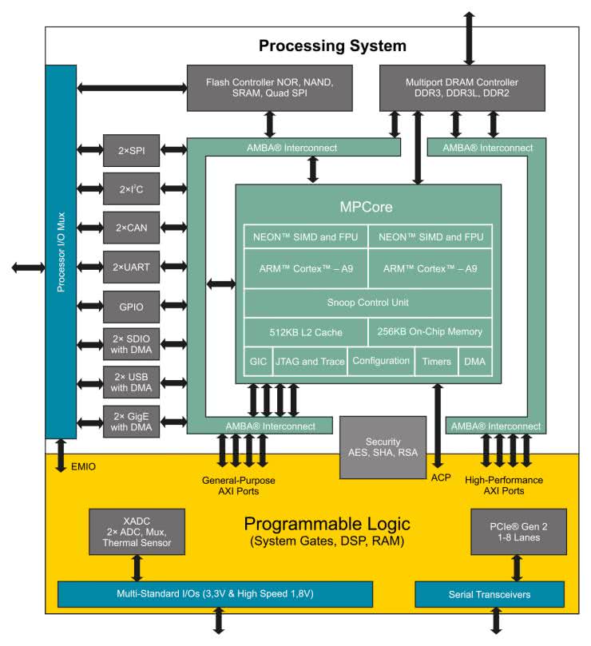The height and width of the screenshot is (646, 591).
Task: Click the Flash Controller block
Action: pyautogui.click(x=268, y=88)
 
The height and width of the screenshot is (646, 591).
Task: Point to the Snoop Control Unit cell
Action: pyautogui.click(x=367, y=302)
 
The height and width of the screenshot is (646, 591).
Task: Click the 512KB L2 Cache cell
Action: pyautogui.click(x=305, y=331)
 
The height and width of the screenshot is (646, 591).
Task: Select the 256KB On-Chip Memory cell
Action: pyautogui.click(x=429, y=331)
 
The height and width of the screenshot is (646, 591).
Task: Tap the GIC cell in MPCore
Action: pyautogui.click(x=257, y=361)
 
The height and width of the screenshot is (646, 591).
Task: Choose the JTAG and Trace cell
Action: pyautogui.click(x=309, y=361)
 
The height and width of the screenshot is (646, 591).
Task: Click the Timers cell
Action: pyautogui.click(x=436, y=361)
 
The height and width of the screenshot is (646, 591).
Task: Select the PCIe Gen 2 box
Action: pyautogui.click(x=507, y=531)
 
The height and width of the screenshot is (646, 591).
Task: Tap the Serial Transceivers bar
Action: pyautogui.click(x=490, y=594)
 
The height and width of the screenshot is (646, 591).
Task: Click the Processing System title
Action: pyautogui.click(x=331, y=46)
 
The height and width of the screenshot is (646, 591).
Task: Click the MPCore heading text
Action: pyautogui.click(x=366, y=207)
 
